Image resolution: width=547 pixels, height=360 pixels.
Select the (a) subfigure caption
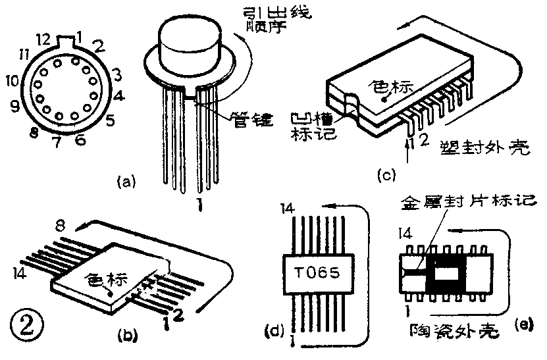click(x=125, y=180)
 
